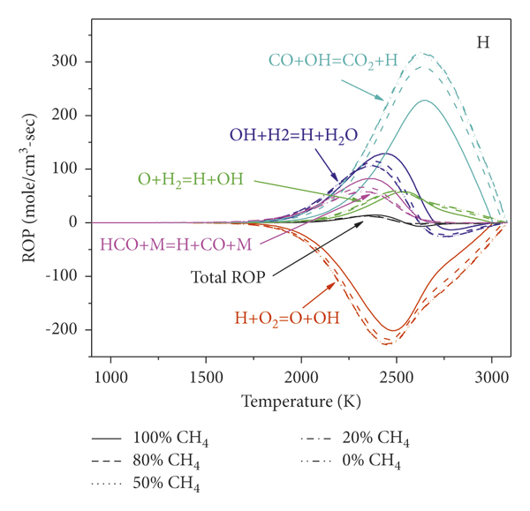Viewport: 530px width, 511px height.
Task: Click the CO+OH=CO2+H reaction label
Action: tap(333, 61)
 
